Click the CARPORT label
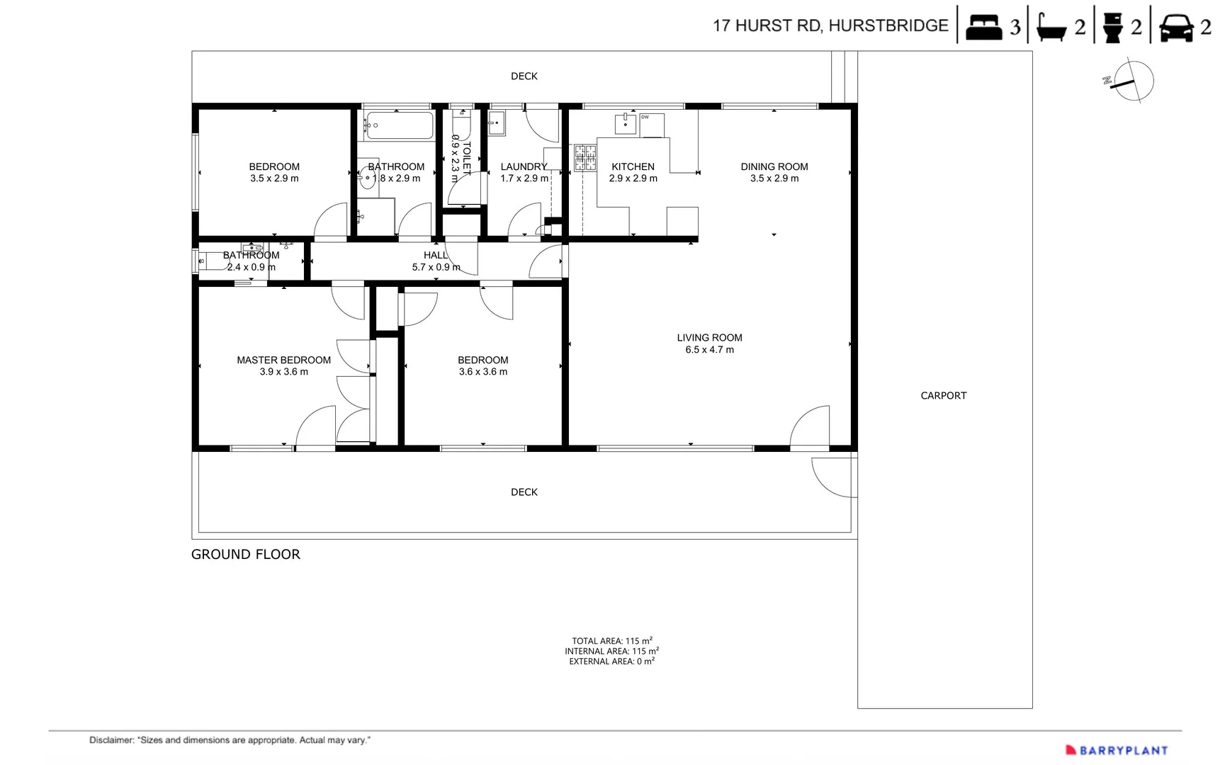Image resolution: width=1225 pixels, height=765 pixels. [x=943, y=396]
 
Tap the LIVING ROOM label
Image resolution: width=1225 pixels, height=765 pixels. [x=709, y=338]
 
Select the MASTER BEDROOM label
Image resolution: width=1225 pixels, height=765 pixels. [x=283, y=360]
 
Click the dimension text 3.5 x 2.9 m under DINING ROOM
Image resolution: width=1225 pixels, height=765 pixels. [x=774, y=178]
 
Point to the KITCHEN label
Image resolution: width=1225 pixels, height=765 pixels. [x=633, y=167]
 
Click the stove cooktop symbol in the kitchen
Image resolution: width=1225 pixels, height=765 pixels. [x=585, y=158]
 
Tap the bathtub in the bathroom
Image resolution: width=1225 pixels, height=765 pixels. [x=399, y=125]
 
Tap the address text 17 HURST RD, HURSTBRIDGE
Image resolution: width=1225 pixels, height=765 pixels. [x=830, y=25]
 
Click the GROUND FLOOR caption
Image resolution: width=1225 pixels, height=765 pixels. [x=246, y=555]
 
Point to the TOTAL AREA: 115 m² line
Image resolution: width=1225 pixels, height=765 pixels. [x=612, y=640]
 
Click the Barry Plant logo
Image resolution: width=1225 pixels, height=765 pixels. [x=1117, y=750]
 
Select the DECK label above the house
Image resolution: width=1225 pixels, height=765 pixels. [x=524, y=76]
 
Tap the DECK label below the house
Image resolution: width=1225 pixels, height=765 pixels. [x=524, y=492]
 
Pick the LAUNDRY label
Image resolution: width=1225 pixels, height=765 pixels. [x=524, y=167]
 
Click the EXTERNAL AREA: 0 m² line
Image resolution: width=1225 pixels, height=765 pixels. [x=612, y=661]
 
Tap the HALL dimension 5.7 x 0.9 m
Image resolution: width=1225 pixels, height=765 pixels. [x=436, y=267]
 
